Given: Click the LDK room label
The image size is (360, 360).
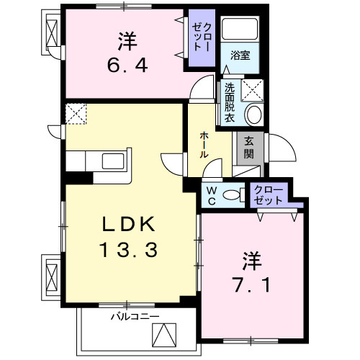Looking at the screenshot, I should coord(128,225).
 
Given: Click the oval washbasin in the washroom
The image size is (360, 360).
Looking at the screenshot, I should coord(253,114).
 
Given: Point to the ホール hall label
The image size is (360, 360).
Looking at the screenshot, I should coord(205,140).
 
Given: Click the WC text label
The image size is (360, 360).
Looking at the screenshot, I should coord(212,194).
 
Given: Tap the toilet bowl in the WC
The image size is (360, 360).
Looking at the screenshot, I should coord(233,194).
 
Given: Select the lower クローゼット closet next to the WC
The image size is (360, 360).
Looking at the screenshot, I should coord(269,195).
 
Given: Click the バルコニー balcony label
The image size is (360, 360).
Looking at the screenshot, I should coord(134,316).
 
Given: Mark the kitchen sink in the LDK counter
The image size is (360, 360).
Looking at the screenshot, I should coord(114,160).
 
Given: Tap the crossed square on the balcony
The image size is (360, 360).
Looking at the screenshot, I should coord(163,335).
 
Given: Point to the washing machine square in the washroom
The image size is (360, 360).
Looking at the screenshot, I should coord(253,89).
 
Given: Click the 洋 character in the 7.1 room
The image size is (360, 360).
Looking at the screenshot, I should coord(251,257).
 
